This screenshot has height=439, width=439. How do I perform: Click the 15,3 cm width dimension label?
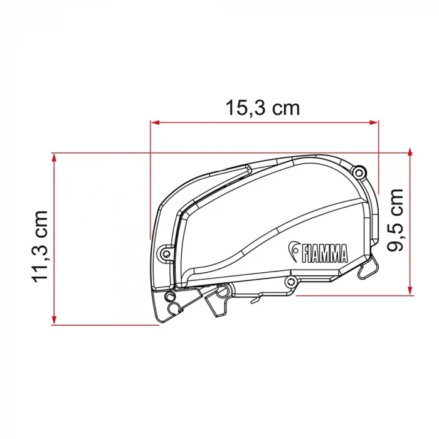[x=263, y=108]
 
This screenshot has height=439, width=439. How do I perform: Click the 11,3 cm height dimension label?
[x=40, y=247]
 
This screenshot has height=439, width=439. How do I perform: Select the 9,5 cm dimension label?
[x=394, y=220]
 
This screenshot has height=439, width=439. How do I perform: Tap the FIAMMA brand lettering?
[x=324, y=253]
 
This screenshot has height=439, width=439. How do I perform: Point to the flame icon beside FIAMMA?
[x=294, y=251]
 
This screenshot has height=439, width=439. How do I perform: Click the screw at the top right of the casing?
[x=359, y=173]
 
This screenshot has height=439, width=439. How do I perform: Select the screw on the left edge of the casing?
[x=166, y=253]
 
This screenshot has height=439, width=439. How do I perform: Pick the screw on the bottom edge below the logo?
[x=290, y=281]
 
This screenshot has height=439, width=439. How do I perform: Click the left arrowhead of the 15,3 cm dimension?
[x=155, y=122]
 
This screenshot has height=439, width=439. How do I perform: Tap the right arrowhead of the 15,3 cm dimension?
[x=374, y=122]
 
